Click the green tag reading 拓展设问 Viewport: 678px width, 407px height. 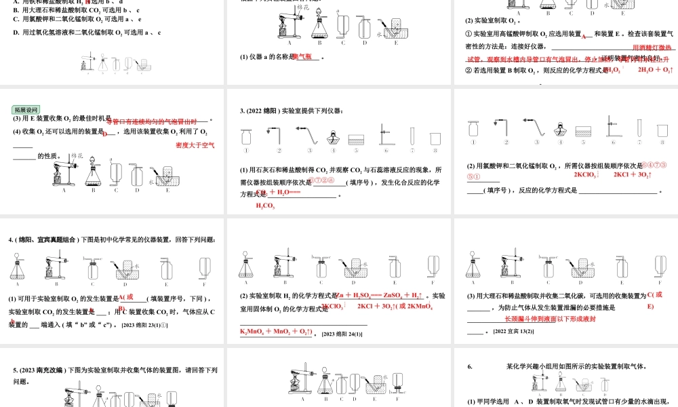[x=27, y=110]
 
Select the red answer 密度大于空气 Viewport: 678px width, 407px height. [x=195, y=145]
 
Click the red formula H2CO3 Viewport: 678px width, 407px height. [x=265, y=206]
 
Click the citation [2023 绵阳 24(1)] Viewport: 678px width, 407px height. [x=342, y=333]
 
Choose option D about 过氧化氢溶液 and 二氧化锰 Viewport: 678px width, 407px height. [x=87, y=32]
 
